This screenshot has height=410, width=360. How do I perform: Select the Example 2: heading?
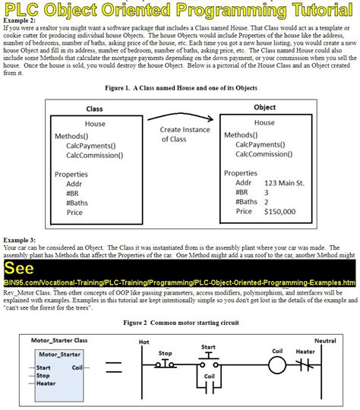pyautogui.click(x=21, y=20)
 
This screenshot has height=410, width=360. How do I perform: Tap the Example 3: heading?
pyautogui.click(x=21, y=240)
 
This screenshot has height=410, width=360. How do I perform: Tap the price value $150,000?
pyautogui.click(x=285, y=212)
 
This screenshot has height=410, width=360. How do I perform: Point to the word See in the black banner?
pyautogui.click(x=17, y=270)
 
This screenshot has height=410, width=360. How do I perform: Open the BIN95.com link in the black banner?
pyautogui.click(x=180, y=282)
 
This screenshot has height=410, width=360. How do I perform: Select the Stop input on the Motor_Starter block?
pyautogui.click(x=43, y=375)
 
